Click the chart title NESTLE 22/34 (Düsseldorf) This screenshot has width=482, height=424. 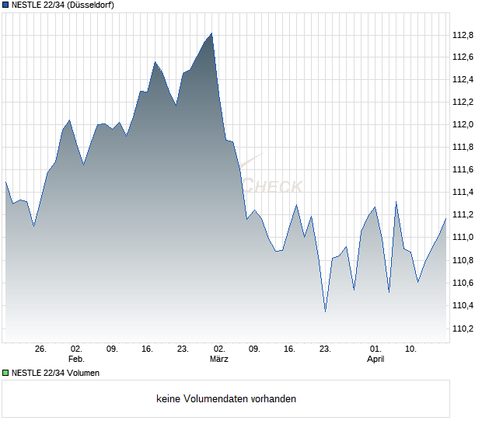[x=61, y=5]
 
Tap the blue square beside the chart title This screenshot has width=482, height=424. [x=5, y=5]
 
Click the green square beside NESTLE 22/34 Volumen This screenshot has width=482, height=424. [x=5, y=373]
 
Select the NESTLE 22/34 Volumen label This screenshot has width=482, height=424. [x=55, y=373]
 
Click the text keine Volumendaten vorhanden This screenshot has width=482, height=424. [x=226, y=399]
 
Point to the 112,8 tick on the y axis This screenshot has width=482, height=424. [x=463, y=34]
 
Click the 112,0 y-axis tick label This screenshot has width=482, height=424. [x=463, y=124]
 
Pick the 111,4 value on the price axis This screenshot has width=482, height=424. [x=463, y=192]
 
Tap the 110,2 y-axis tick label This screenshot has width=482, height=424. [x=463, y=328]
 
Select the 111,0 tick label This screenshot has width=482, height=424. [x=463, y=237]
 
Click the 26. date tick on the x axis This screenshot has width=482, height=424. [x=41, y=349]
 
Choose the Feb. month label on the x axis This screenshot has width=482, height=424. [x=76, y=360]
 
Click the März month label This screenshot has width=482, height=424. [x=219, y=360]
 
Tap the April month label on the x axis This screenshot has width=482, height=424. [x=375, y=360]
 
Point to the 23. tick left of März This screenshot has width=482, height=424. [x=183, y=349]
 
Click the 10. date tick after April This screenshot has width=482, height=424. [x=411, y=349]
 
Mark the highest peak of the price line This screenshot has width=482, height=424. [x=211, y=33]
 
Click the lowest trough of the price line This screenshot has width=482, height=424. [x=325, y=311]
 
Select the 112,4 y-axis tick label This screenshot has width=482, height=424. [x=463, y=79]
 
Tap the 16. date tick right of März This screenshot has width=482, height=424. [x=290, y=349]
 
